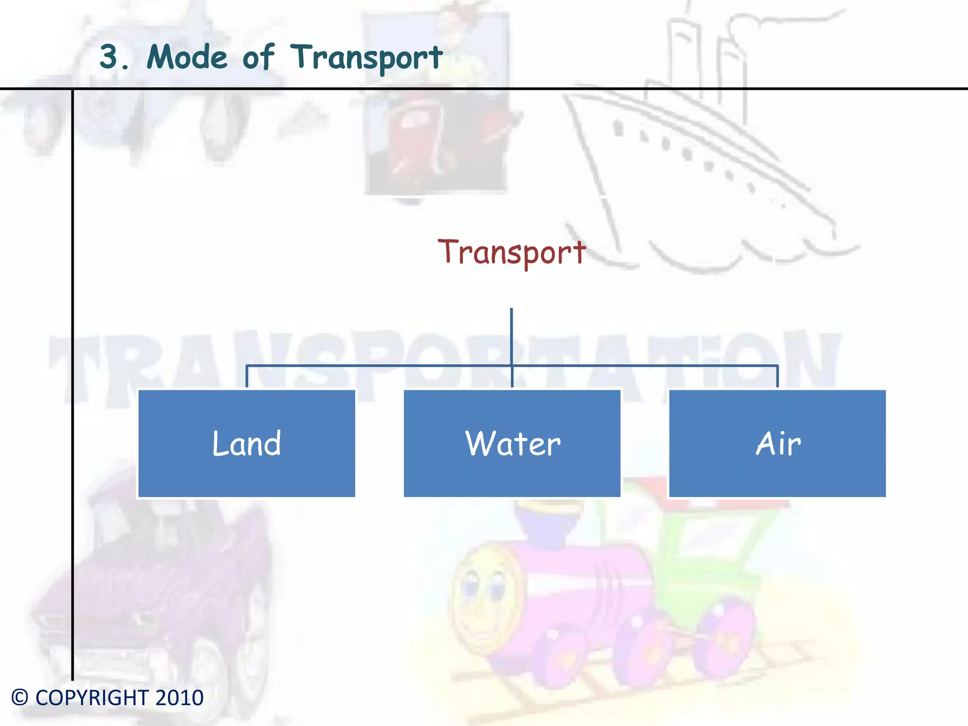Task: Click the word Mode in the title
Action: pos(187,57)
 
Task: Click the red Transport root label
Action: pos(511,252)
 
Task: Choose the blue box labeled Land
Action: pos(246,443)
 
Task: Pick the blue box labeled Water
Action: pos(512,443)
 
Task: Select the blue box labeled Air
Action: pos(778,443)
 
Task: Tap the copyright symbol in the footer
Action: pos(20,698)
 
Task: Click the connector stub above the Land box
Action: pos(247,377)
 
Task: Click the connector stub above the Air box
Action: pos(778,377)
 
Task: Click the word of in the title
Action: pos(258,57)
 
